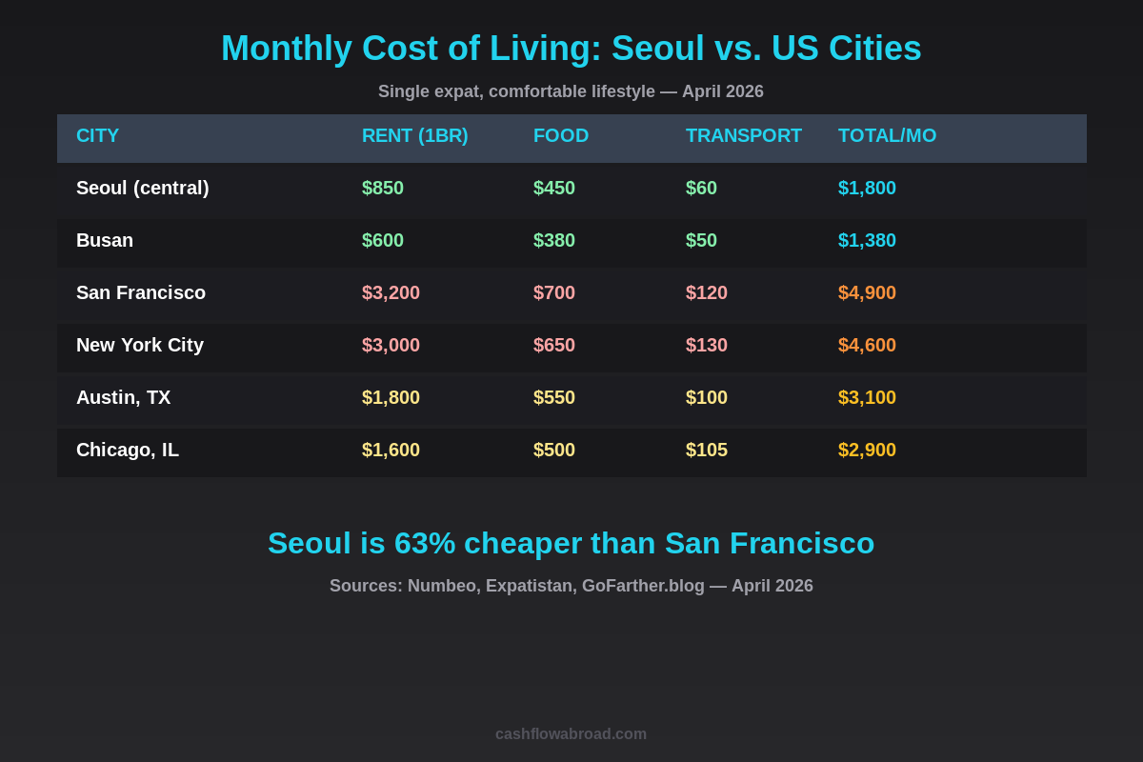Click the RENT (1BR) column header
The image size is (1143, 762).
point(414,136)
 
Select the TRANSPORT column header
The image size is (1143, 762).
point(743,136)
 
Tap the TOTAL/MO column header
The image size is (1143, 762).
point(887,136)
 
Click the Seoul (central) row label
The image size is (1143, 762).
point(142,189)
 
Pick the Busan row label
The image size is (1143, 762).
point(105,241)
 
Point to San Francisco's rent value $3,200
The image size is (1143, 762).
point(391,293)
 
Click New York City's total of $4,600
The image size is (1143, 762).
point(867,346)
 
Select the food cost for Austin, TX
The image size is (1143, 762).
point(554,398)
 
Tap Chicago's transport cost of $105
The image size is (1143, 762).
point(707,451)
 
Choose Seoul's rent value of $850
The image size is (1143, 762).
point(383,189)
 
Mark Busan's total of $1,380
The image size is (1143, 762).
point(867,241)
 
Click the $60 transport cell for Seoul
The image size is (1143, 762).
point(701,189)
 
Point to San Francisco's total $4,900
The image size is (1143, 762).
point(867,293)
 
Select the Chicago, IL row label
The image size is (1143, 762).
point(128,451)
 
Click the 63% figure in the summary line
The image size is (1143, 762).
point(425,544)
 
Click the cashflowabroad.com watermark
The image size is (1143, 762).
point(571,734)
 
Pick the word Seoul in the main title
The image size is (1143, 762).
point(657,49)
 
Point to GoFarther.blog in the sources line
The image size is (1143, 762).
point(643,587)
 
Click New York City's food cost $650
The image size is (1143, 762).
point(554,346)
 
